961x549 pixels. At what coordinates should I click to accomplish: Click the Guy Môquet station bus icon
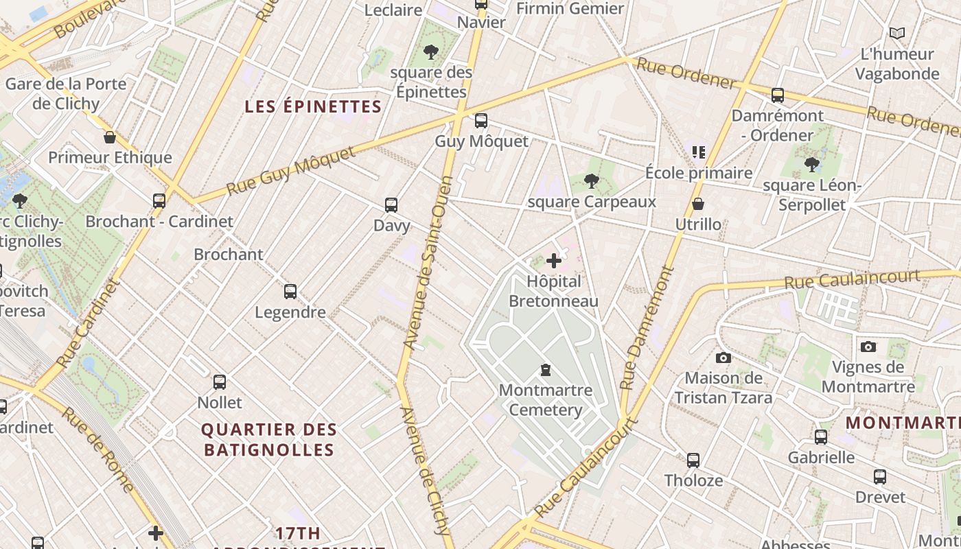point(481,121)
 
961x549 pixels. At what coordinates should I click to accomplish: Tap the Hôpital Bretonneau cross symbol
point(554,261)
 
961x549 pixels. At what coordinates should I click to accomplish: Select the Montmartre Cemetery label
point(545,400)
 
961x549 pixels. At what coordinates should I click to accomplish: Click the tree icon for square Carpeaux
point(591,181)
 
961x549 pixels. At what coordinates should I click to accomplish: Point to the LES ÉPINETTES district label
point(313,106)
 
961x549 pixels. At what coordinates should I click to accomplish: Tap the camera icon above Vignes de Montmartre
point(868,347)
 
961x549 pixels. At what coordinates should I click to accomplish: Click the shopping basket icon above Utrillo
point(698,204)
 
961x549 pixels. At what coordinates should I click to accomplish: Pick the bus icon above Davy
point(391,205)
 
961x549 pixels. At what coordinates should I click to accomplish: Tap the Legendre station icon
point(290,292)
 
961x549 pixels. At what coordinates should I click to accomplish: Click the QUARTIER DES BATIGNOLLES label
point(269,440)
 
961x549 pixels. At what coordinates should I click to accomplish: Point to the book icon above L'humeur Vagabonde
point(896,33)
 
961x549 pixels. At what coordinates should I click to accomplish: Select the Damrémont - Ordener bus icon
point(778,95)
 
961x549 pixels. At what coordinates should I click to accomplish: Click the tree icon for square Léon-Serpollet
point(812,165)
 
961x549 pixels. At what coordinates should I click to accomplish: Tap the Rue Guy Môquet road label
point(291,171)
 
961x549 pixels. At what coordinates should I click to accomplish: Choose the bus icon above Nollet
point(220,382)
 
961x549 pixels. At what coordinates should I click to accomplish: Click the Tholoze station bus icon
point(693,460)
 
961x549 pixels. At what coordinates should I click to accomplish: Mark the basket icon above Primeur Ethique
point(110,137)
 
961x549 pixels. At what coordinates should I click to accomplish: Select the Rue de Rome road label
point(98,449)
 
